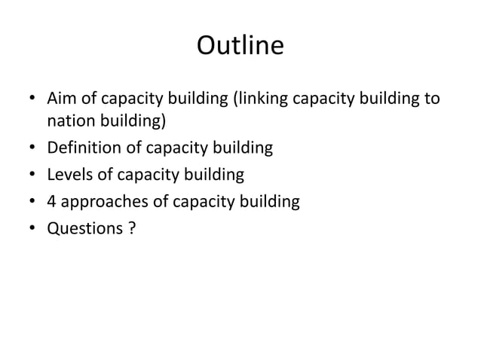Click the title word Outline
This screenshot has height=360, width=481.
[x=240, y=47]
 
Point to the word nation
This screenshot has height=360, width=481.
[x=72, y=121]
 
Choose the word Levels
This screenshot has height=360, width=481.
[x=69, y=175]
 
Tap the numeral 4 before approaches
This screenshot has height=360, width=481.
[x=51, y=202]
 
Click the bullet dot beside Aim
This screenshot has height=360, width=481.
[x=31, y=99]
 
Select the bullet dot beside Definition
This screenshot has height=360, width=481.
[x=31, y=148]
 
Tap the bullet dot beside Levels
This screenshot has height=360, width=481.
[x=31, y=175]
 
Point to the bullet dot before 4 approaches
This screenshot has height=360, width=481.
[x=31, y=203]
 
